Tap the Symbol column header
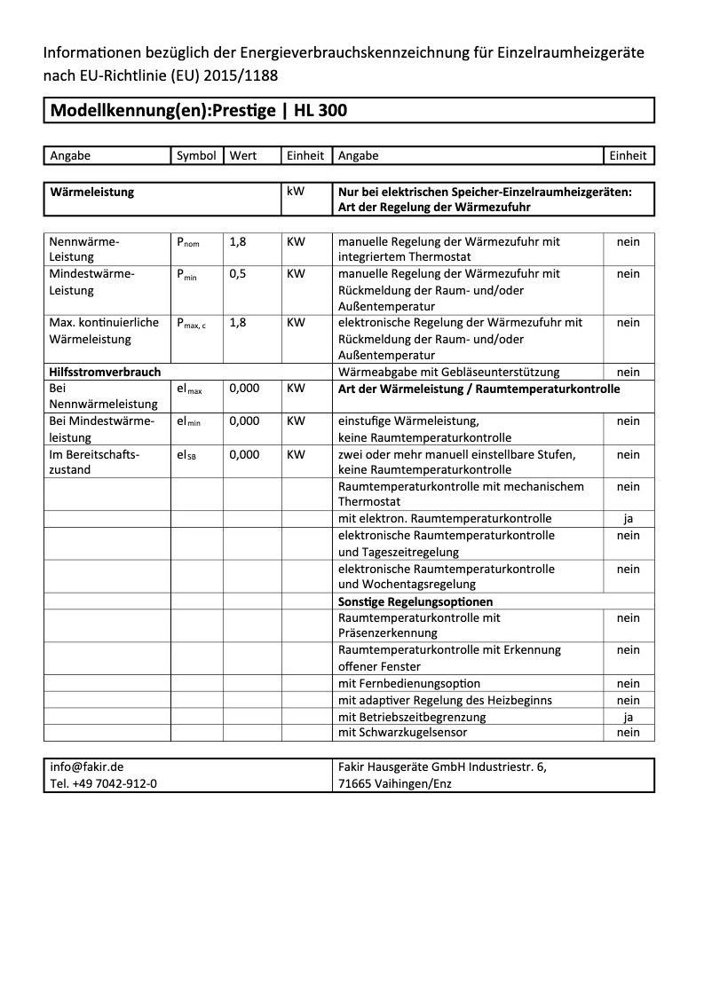[196, 155]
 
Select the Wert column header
[243, 155]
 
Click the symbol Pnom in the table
[187, 241]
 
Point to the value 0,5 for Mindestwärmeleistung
[238, 274]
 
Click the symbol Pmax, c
[191, 323]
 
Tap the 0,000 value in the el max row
[244, 389]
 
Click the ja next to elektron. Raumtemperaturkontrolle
[628, 518]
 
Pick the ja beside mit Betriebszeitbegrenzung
[628, 717]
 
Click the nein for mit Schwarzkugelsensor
[628, 733]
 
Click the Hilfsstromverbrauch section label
[105, 373]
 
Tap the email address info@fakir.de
[86, 767]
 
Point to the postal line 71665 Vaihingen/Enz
[395, 784]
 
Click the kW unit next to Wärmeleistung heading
[296, 192]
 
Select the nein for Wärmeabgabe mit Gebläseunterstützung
[628, 373]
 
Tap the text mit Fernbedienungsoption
[409, 683]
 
